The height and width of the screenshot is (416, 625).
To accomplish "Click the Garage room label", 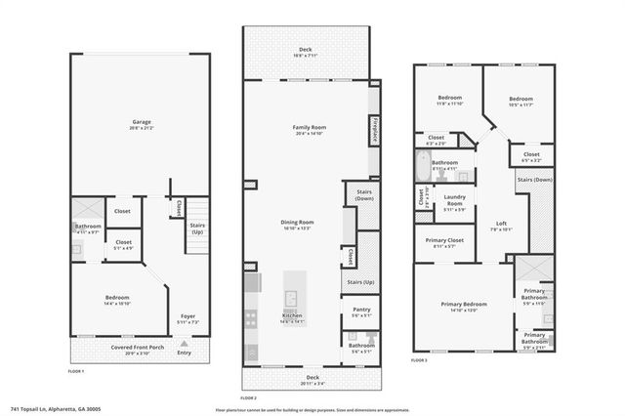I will point(142,124).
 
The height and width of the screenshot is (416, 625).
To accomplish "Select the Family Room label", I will point(309,130).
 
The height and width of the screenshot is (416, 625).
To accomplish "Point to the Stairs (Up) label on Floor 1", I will point(196,228).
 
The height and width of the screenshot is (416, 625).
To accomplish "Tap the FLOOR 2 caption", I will point(248,398).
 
